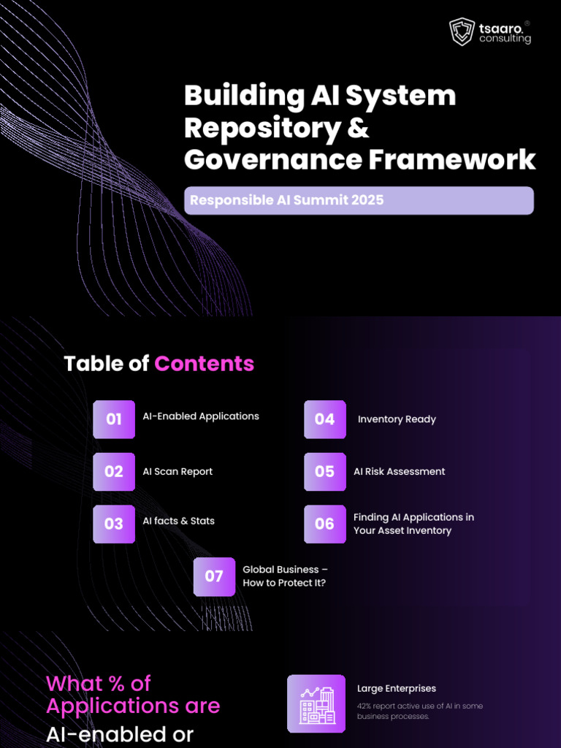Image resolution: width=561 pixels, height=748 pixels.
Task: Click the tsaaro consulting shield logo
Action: click(462, 32)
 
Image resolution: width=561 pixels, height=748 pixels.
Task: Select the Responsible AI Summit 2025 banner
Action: click(359, 200)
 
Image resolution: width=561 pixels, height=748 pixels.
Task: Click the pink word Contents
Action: click(205, 363)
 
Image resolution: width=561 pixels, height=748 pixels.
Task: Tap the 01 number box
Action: click(114, 419)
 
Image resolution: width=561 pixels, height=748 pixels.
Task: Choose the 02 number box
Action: click(114, 472)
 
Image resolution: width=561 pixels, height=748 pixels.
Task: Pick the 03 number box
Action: click(114, 524)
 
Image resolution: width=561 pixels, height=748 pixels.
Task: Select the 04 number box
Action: click(325, 419)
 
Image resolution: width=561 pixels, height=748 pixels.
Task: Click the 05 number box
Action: click(325, 472)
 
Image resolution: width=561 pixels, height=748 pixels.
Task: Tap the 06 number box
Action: click(325, 524)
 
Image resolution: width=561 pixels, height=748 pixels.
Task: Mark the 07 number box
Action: click(214, 576)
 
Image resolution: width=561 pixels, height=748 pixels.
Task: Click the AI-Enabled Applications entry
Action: click(201, 416)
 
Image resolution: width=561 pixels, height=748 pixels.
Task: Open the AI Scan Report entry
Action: click(178, 472)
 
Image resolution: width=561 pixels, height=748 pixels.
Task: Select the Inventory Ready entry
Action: click(397, 419)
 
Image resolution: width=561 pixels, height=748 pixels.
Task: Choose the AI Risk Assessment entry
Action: click(399, 472)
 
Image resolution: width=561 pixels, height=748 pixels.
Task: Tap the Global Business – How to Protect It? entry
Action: click(285, 576)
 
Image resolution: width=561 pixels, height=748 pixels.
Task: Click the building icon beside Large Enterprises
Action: click(316, 703)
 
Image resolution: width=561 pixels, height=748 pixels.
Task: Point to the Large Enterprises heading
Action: click(397, 688)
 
